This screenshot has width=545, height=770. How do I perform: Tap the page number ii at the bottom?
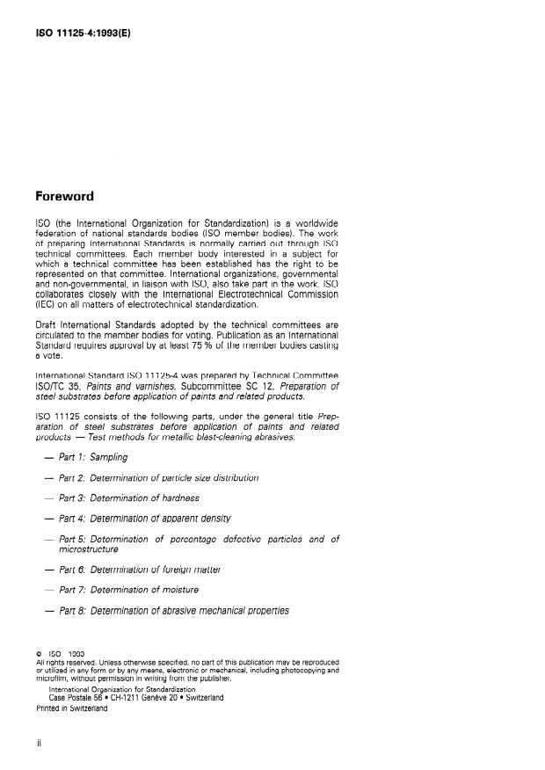click(x=39, y=744)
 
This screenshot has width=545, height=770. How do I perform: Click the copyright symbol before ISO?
click(x=38, y=653)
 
